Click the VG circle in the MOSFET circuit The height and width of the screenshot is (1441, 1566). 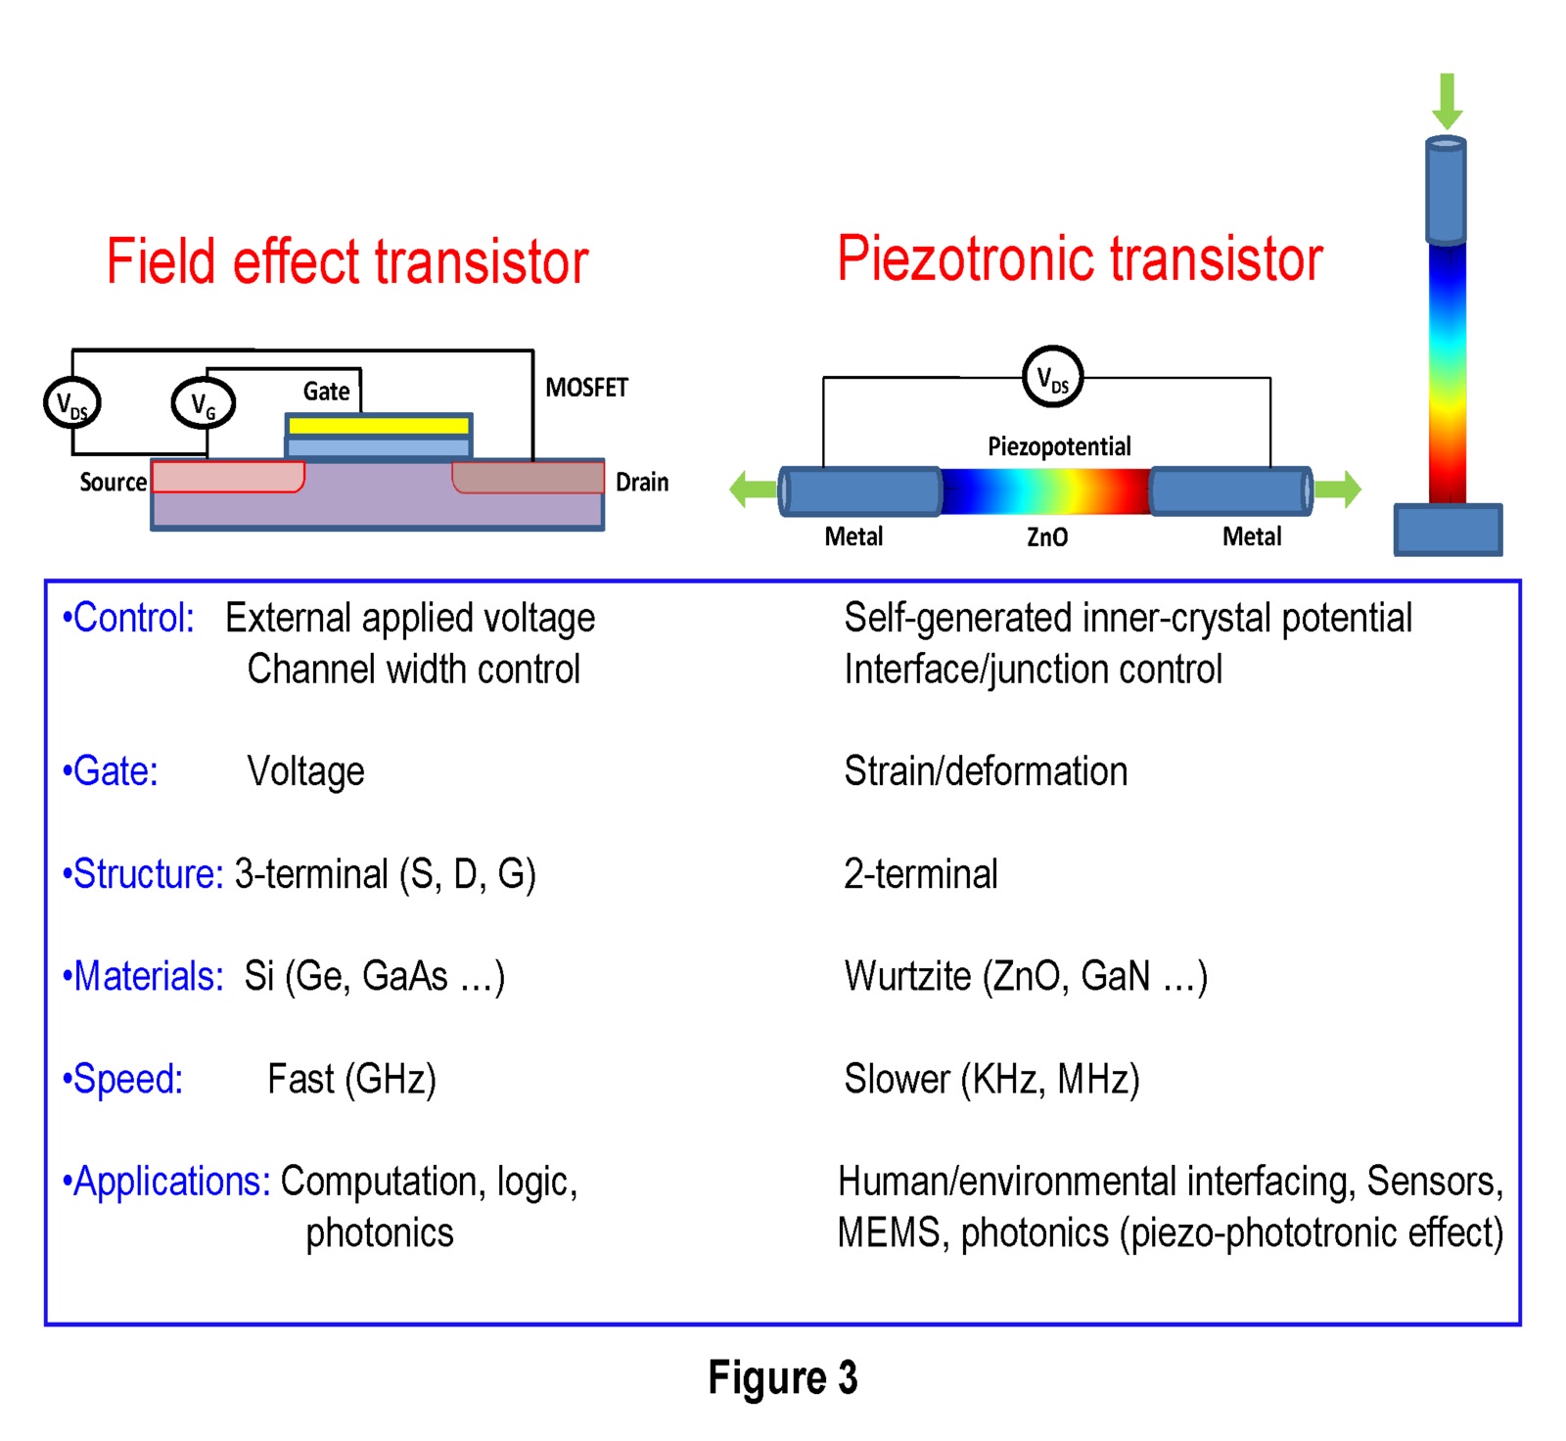[x=204, y=402]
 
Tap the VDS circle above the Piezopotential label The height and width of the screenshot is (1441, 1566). [x=1052, y=377]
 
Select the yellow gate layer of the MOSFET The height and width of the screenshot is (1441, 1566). [x=379, y=426]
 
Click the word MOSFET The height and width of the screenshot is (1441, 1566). [x=586, y=388]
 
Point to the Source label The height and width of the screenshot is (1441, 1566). [x=113, y=482]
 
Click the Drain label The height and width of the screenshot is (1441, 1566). [x=642, y=482]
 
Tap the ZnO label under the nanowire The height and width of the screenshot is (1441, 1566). [x=1046, y=536]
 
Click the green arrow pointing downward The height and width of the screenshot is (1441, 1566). [x=1447, y=100]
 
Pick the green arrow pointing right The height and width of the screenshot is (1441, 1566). [x=1339, y=488]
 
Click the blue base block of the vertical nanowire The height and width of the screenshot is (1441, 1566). [x=1448, y=530]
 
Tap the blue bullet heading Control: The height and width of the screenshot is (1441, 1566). [x=128, y=618]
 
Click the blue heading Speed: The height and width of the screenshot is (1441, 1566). [x=123, y=1079]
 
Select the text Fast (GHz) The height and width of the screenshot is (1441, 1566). [x=351, y=1079]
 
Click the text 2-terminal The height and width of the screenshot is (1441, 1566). [x=920, y=873]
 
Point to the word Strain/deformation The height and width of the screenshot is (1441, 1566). [x=986, y=771]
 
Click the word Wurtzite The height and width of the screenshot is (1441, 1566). [x=907, y=976]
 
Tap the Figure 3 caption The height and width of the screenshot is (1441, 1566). [x=782, y=1377]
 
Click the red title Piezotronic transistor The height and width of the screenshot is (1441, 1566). [x=1080, y=259]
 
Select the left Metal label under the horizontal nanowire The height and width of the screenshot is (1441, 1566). [x=853, y=536]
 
